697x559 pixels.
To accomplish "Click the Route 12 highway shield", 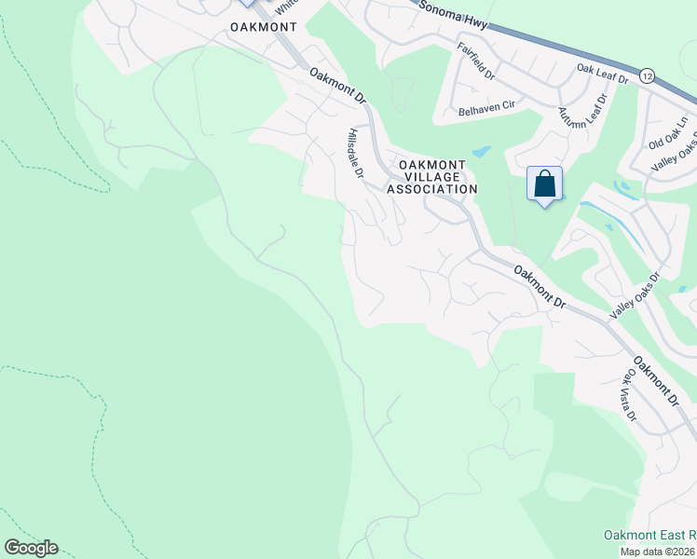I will coord(647,75).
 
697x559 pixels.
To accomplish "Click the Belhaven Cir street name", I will coord(486,107).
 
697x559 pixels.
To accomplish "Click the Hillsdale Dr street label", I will coord(355,154).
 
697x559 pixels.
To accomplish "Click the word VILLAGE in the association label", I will coord(432,176).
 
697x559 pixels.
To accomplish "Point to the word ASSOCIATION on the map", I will coord(432,189).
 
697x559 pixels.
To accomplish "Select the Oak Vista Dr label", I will coord(629,394).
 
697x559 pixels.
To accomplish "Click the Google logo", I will coord(31,548).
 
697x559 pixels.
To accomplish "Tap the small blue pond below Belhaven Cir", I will coord(481,151).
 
